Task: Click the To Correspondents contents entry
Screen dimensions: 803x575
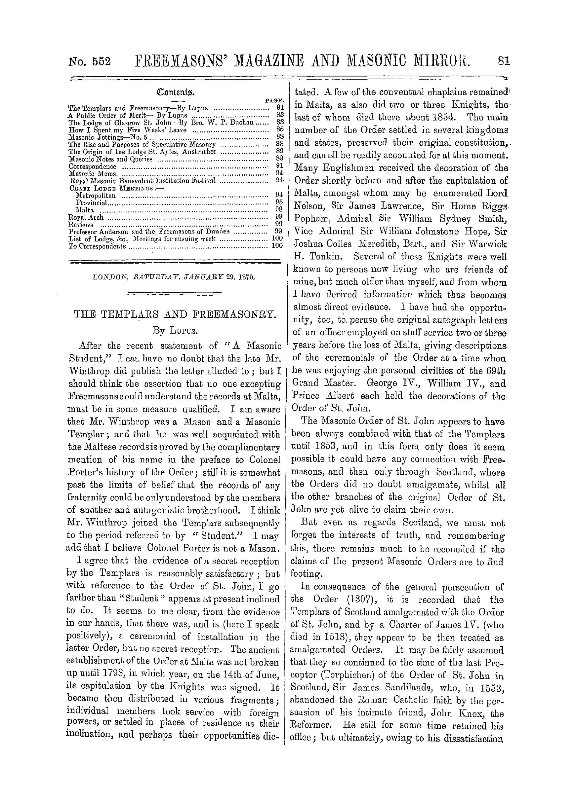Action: coord(97,246)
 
